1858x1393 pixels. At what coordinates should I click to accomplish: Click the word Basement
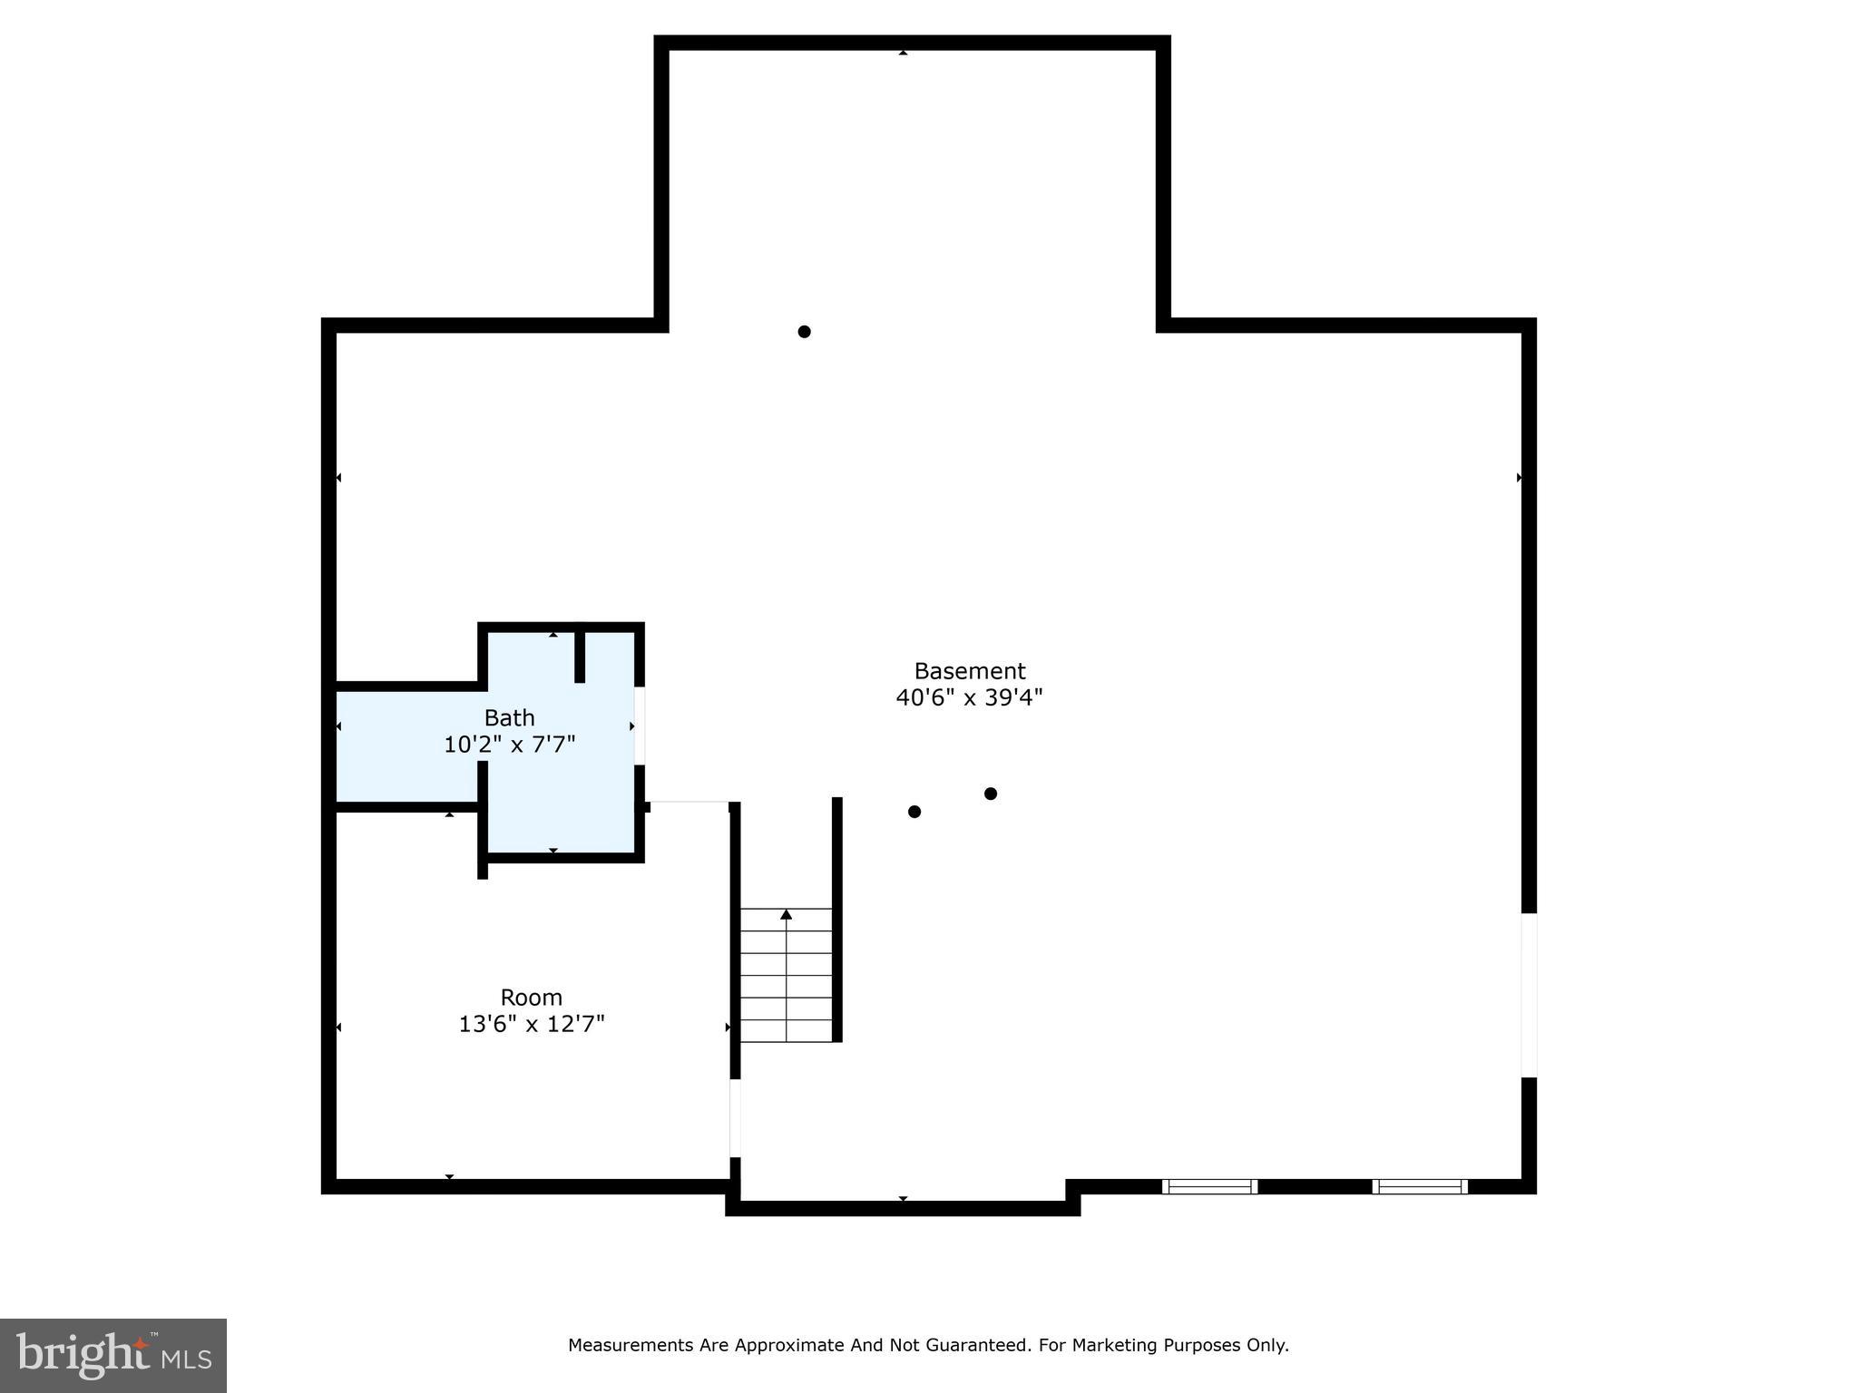[969, 671]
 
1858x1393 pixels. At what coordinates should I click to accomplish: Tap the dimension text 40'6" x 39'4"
[969, 697]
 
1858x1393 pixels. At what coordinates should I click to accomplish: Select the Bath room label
[509, 717]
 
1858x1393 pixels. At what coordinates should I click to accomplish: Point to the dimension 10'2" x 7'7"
[509, 745]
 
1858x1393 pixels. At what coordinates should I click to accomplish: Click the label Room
[531, 997]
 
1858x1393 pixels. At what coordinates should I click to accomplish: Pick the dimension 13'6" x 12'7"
[531, 1024]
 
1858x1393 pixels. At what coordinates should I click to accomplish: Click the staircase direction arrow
[786, 915]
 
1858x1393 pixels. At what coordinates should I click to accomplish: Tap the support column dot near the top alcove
[804, 332]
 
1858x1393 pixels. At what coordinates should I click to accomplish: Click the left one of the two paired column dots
[914, 812]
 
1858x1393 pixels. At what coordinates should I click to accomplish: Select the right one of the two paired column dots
[991, 794]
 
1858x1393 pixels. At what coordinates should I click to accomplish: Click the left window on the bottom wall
[1209, 1186]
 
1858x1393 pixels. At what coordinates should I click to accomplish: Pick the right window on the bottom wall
[1419, 1186]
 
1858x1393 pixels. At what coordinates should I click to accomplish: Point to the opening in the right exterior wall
[1529, 995]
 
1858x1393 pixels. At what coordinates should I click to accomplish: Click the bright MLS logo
[113, 1355]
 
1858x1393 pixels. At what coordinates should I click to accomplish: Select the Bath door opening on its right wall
[640, 726]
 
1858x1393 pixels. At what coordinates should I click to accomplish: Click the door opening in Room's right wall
[735, 1117]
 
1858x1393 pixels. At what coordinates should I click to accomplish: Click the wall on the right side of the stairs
[837, 919]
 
